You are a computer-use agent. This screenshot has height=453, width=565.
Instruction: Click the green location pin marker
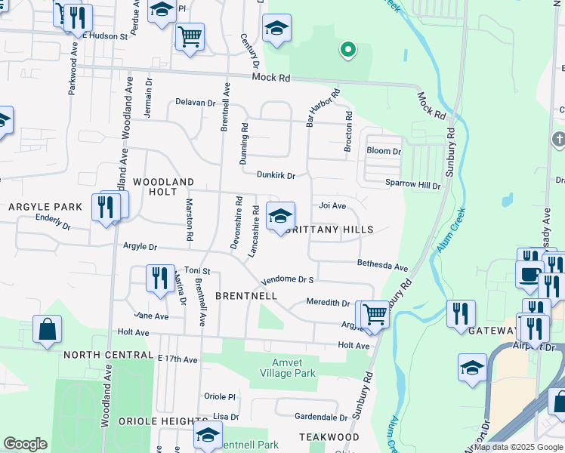[347, 50]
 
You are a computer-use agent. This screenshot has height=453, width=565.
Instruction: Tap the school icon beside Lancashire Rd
[280, 217]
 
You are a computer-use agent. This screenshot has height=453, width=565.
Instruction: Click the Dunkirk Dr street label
[275, 175]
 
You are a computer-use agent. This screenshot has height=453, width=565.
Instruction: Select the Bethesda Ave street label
[382, 267]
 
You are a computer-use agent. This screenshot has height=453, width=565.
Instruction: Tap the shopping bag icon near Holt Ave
[47, 329]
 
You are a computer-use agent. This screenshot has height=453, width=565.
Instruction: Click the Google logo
[25, 444]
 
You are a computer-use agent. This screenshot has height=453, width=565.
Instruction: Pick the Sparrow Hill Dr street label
[412, 184]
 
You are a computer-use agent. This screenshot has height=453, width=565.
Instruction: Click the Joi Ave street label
[332, 205]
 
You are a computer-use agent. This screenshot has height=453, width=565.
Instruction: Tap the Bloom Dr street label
[383, 151]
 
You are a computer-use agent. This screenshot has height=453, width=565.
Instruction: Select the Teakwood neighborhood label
[329, 437]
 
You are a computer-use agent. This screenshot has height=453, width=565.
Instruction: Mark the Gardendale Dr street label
[320, 417]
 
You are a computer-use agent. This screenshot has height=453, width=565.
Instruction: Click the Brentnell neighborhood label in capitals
[245, 295]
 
